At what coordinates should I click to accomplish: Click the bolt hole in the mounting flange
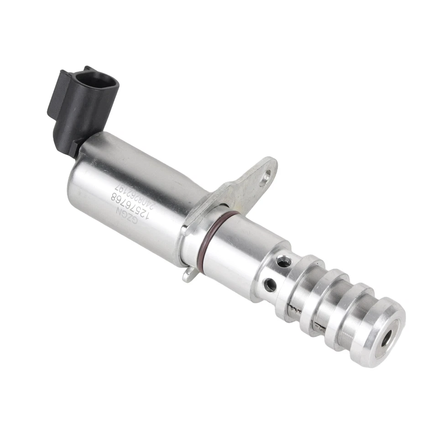[x=267, y=173]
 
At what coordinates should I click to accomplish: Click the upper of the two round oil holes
[x=283, y=261]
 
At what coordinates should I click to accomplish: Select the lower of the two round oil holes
[x=270, y=285]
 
